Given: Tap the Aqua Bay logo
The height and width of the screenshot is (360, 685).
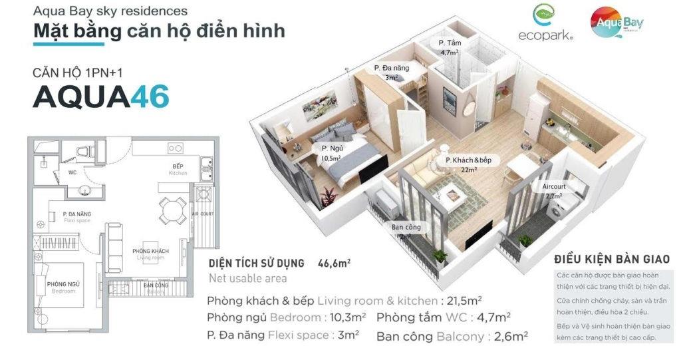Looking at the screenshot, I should pos(618,25).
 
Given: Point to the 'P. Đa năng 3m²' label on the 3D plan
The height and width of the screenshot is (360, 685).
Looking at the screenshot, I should pos(391,72).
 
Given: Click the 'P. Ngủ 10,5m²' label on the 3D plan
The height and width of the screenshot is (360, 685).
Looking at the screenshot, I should pos(331,153).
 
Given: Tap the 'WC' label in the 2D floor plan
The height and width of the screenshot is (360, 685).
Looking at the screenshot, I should pos(72,172).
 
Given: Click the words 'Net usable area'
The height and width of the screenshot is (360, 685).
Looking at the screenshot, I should pos(248,278).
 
